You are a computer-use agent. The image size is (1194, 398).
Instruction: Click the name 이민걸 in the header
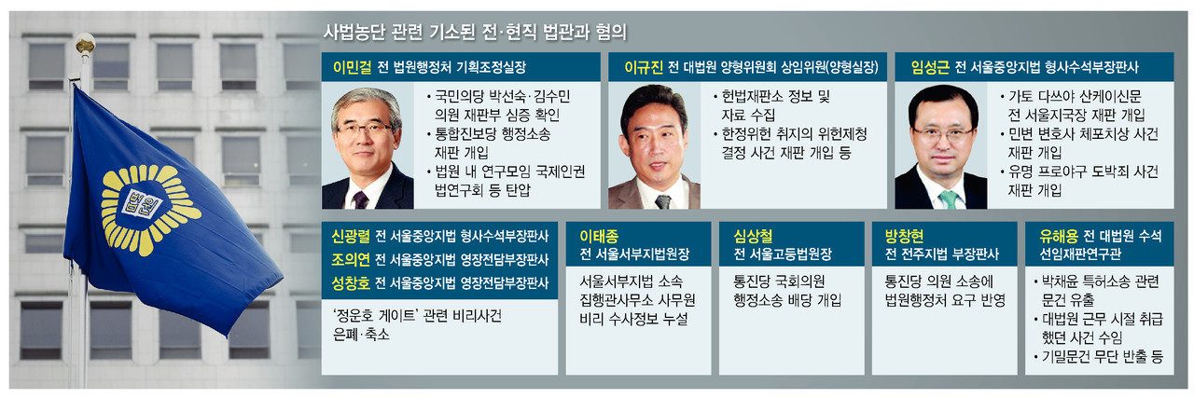tap(352, 67)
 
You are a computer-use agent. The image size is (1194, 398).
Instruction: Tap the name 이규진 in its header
tap(644, 67)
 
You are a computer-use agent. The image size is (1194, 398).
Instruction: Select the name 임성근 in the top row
tap(930, 67)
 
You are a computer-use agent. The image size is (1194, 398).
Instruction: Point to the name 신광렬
tap(350, 236)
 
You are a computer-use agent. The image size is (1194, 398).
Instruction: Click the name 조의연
tap(350, 259)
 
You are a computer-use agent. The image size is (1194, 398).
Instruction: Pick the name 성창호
tap(350, 283)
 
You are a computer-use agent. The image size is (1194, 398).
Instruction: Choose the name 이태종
tap(599, 236)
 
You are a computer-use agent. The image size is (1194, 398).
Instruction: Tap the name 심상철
tap(753, 236)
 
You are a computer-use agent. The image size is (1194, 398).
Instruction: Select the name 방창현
tap(904, 236)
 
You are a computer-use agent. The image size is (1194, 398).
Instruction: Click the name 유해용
tap(1059, 236)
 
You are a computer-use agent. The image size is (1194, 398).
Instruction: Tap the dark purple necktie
tap(360, 199)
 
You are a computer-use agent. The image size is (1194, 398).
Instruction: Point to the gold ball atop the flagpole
tap(85, 43)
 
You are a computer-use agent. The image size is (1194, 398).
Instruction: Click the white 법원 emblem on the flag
tap(142, 202)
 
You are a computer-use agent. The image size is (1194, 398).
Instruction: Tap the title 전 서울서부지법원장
tap(634, 254)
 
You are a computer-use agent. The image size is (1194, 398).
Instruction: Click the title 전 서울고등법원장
tap(783, 254)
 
